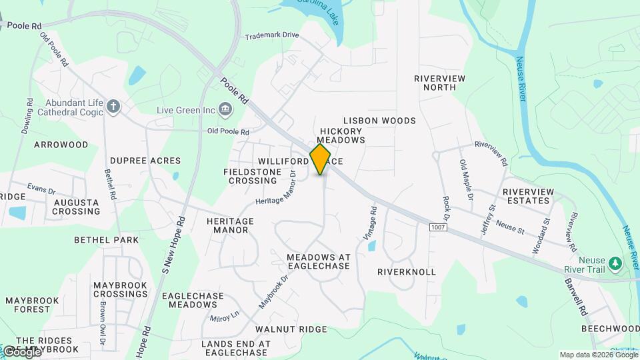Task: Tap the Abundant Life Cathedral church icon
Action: [x=114, y=107]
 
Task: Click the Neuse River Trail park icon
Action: [x=615, y=263]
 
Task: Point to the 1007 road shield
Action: [x=437, y=228]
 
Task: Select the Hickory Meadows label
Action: [x=342, y=136]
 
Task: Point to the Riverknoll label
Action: [x=406, y=272]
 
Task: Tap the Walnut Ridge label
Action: [x=291, y=329]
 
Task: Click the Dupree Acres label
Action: [x=145, y=161]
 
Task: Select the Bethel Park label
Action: [x=107, y=239]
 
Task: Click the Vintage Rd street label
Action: [x=373, y=219]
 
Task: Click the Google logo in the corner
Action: [x=21, y=351]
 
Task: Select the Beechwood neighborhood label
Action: [x=610, y=329]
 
